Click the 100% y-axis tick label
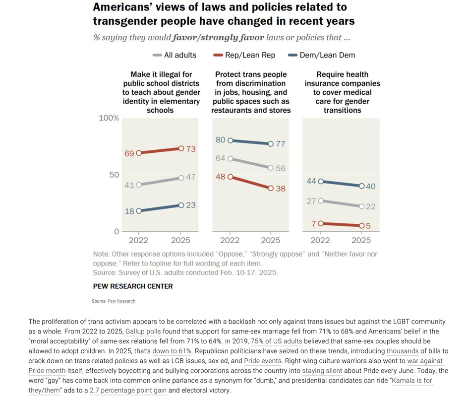pos(110,118)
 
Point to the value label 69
pos(129,153)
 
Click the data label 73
pos(191,149)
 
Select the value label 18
pos(129,211)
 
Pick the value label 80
pos(221,140)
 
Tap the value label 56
pos(281,169)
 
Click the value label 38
pos(281,189)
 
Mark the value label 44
pos(311,181)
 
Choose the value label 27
pos(311,201)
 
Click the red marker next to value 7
pos(321,224)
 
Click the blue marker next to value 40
pos(361,186)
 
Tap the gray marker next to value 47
pos(181,178)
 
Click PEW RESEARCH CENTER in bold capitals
pos(133,286)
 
